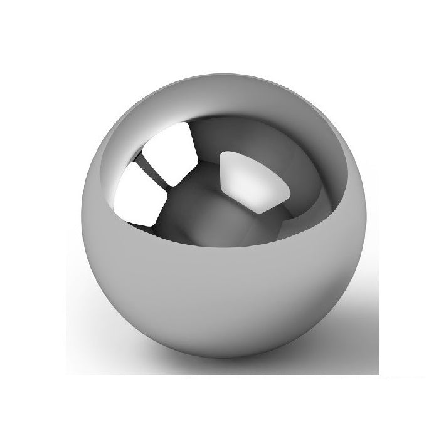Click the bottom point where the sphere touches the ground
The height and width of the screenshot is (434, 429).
point(213,358)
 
